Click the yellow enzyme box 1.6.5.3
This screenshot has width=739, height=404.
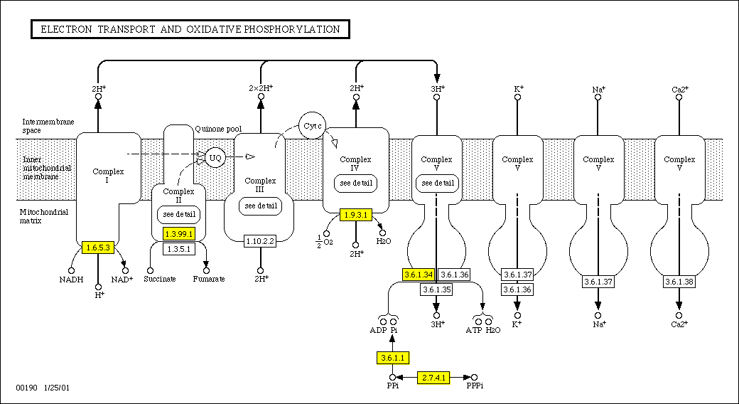click(x=98, y=248)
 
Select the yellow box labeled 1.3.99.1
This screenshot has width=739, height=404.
click(x=178, y=233)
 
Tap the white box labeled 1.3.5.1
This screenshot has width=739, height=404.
click(x=178, y=249)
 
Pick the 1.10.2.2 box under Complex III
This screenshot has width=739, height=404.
click(x=259, y=242)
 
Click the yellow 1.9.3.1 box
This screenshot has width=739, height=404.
click(x=356, y=215)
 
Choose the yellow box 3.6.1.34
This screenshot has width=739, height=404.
click(x=419, y=275)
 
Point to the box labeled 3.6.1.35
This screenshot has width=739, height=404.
click(x=436, y=289)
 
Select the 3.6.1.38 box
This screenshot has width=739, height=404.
click(x=679, y=282)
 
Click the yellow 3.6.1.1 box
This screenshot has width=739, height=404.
click(x=393, y=357)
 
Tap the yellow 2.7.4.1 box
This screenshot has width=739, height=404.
click(x=433, y=378)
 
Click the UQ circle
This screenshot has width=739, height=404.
click(x=215, y=156)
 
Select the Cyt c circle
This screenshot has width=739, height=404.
click(x=313, y=125)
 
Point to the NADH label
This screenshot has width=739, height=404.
click(x=71, y=280)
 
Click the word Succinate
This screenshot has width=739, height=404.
click(x=159, y=280)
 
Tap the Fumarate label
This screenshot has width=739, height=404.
click(x=209, y=280)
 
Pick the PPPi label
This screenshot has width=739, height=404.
click(x=475, y=386)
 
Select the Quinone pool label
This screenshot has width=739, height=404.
click(x=218, y=129)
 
